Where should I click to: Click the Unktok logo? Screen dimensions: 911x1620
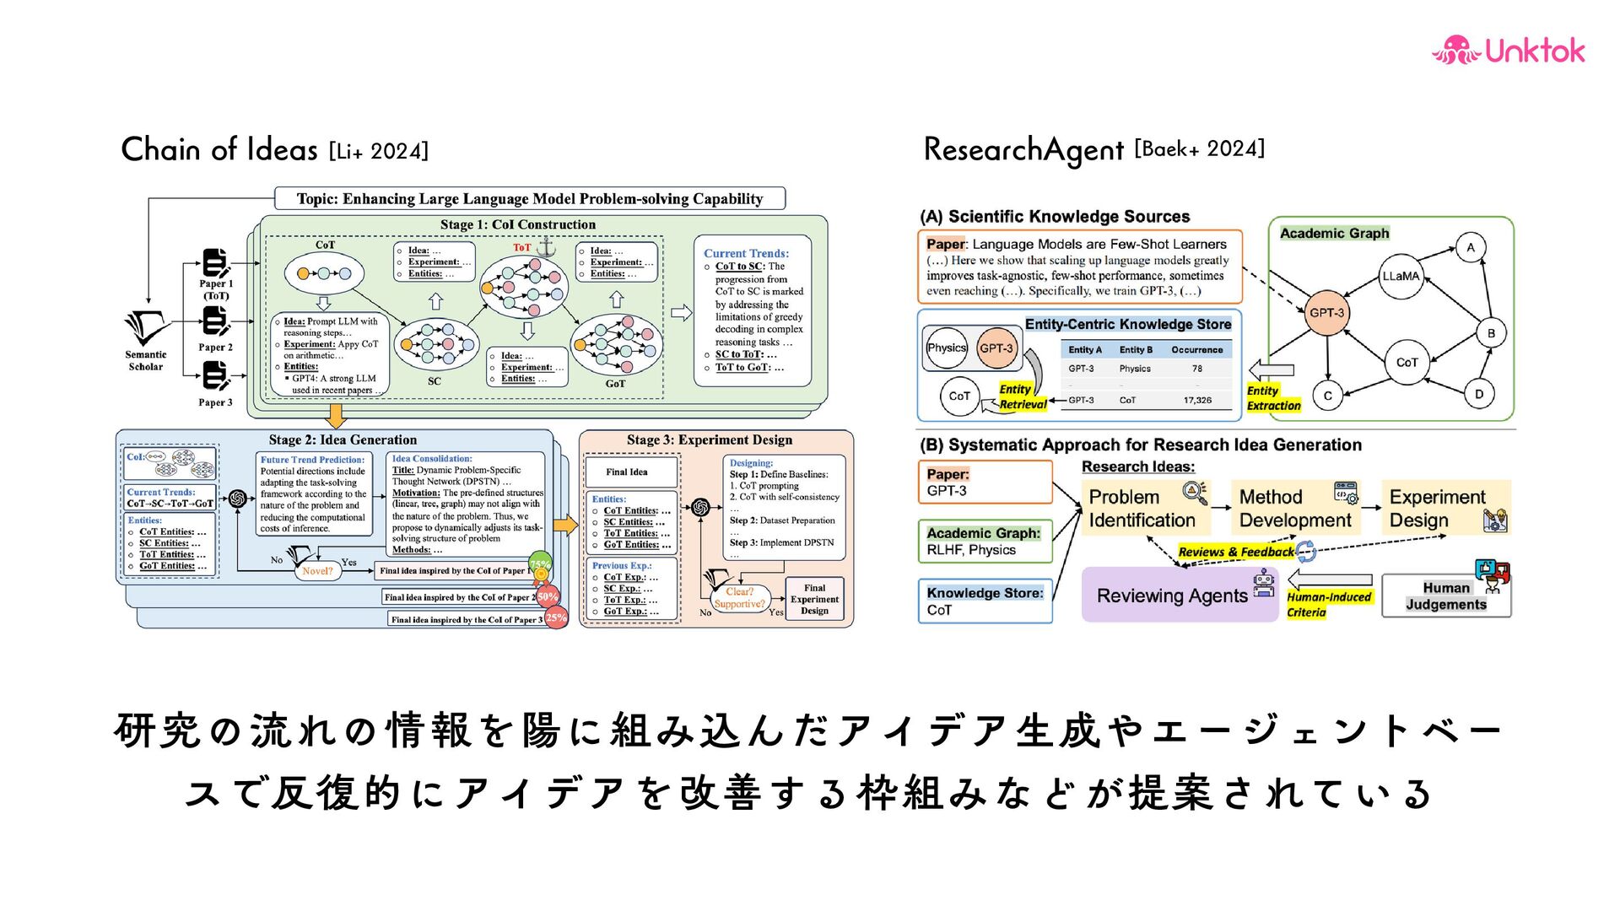[x=1508, y=51]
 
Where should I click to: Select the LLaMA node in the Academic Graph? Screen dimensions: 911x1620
[x=1401, y=276]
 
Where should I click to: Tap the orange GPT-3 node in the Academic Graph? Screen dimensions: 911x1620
[x=1326, y=313]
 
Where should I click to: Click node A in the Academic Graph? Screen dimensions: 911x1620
[x=1471, y=247]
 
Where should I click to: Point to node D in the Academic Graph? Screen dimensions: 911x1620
[x=1478, y=394]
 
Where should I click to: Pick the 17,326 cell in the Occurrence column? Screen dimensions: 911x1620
[x=1196, y=401]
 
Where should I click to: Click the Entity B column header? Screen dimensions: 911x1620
[x=1136, y=350]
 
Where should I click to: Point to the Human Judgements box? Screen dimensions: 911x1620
[x=1446, y=596]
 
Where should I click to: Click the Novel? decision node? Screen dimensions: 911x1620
[x=317, y=571]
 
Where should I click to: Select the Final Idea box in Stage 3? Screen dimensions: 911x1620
[x=627, y=472]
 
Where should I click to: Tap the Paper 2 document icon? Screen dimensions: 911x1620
[x=215, y=321]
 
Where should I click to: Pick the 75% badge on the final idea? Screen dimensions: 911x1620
[x=539, y=564]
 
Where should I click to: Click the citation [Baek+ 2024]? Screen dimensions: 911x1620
[x=1199, y=149]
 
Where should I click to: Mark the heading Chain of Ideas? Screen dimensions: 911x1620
[x=219, y=149]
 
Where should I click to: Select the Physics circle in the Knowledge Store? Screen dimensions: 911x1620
[x=946, y=348]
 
